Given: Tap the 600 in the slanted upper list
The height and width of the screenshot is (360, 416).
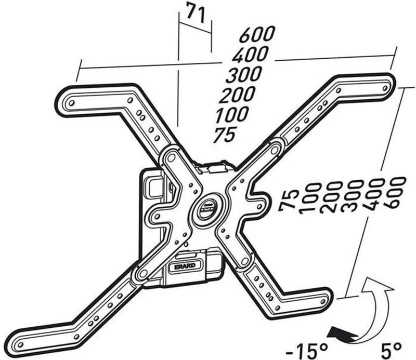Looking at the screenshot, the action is click(256, 34).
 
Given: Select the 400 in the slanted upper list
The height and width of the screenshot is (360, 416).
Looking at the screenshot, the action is click(250, 55).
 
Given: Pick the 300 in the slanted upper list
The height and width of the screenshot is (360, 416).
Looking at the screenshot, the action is click(244, 75).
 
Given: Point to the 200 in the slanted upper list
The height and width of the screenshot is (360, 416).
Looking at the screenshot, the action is click(237, 95).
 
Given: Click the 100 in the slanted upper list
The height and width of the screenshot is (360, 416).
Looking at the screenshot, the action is click(231, 114).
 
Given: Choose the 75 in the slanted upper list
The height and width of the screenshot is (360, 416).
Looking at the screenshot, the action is click(225, 135).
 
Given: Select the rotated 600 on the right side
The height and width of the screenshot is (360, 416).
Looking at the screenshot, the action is click(395, 193).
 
